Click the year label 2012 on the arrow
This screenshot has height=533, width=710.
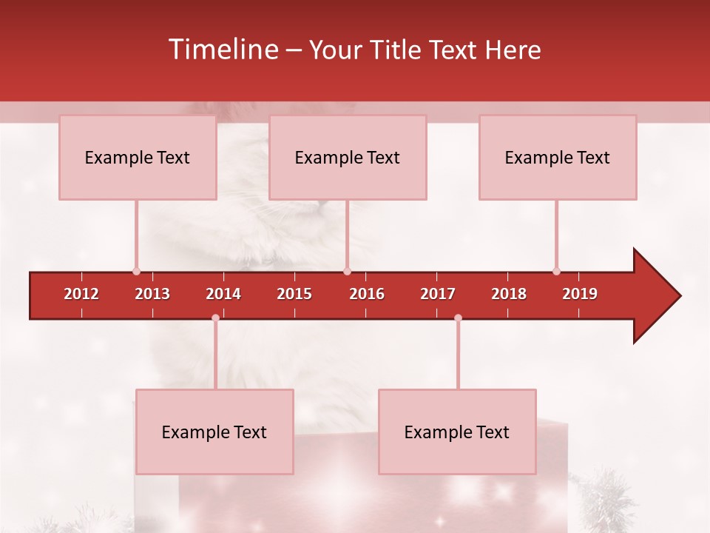tap(81, 294)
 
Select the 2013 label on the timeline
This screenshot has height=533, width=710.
tap(152, 294)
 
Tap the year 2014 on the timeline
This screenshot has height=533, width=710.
tap(223, 294)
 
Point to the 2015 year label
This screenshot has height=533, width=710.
tap(294, 294)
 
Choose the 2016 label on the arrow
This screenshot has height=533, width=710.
tap(367, 294)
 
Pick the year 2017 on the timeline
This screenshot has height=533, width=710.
tap(438, 294)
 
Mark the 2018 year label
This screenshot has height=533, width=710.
tap(509, 294)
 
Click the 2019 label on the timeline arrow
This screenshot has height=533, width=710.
tap(580, 294)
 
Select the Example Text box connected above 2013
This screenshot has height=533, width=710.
tap(138, 157)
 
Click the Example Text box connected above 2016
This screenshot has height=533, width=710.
tap(348, 157)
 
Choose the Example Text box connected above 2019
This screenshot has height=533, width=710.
tap(558, 157)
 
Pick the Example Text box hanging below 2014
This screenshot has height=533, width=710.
tap(214, 432)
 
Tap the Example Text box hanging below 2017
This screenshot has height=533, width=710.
tap(457, 432)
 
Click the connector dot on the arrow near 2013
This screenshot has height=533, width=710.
tap(136, 272)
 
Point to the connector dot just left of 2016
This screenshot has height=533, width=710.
tap(347, 272)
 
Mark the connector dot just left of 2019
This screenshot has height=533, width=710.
tap(556, 272)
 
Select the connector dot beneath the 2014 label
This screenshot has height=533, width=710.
tap(215, 318)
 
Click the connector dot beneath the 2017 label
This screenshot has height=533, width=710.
tap(458, 318)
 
